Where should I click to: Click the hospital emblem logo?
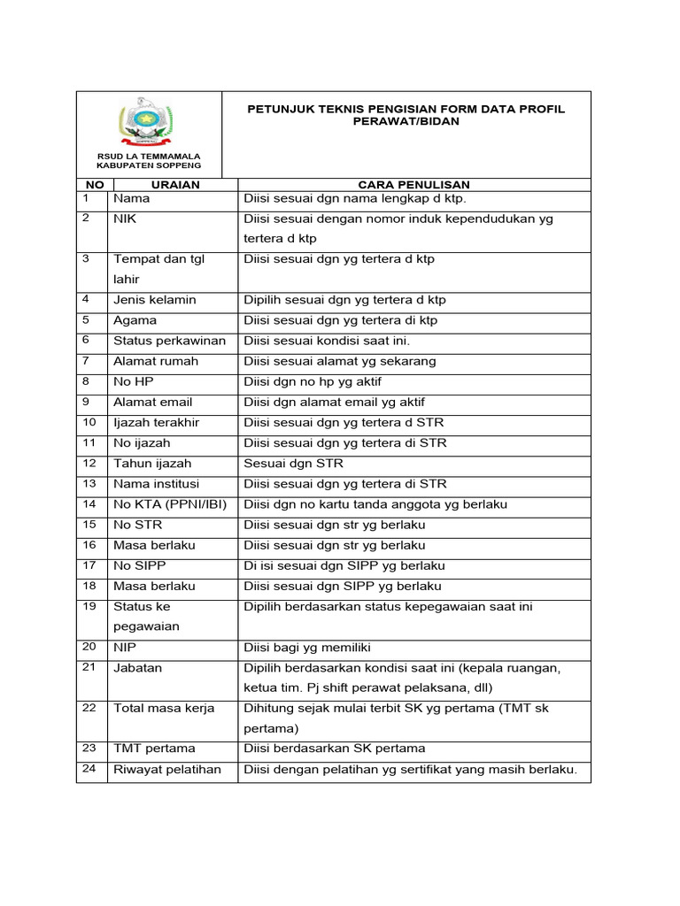148,125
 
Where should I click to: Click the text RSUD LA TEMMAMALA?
149,156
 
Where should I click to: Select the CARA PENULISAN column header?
413,184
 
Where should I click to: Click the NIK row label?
125,219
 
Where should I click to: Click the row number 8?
86,381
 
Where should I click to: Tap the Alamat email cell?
152,402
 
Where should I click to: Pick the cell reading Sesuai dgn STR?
293,464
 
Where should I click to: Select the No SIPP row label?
139,565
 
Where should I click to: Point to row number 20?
89,647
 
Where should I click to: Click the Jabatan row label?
137,668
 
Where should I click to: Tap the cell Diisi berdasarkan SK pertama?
334,749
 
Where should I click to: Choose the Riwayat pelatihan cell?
166,770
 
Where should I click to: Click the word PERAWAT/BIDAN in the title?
406,121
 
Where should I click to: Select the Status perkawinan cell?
169,341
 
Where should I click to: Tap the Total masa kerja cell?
164,709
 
